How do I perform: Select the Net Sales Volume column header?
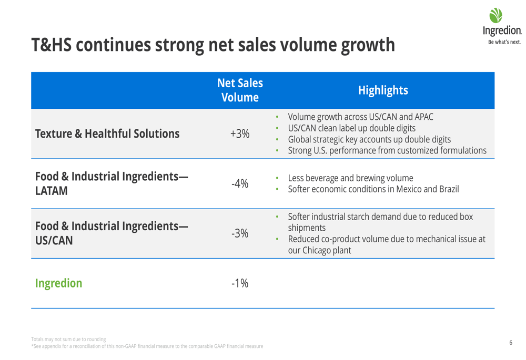pos(240,90)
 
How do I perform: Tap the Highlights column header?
pos(383,90)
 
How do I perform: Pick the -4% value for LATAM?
pos(239,183)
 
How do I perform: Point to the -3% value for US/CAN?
pos(239,233)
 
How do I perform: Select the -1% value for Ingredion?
pos(239,283)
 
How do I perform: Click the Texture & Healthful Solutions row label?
pos(107,133)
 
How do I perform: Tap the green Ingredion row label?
pos(58,283)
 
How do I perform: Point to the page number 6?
pos(511,343)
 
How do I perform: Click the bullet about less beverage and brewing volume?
pos(350,178)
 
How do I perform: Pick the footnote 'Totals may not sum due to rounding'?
pos(68,339)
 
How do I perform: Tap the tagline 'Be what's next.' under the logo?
pos(504,42)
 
